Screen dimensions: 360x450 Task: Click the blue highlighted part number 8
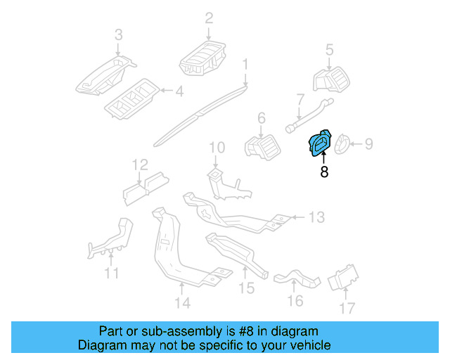321,144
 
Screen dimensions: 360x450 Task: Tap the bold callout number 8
324,172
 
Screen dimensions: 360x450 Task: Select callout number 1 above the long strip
245,65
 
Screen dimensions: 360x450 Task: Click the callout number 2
209,18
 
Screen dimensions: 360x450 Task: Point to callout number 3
118,34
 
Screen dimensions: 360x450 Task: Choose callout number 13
317,217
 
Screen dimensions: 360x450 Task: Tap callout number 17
347,308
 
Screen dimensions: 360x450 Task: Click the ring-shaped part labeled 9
342,143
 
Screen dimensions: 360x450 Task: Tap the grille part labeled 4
134,98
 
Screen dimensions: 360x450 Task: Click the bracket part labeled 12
145,184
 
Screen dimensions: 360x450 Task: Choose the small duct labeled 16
296,278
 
